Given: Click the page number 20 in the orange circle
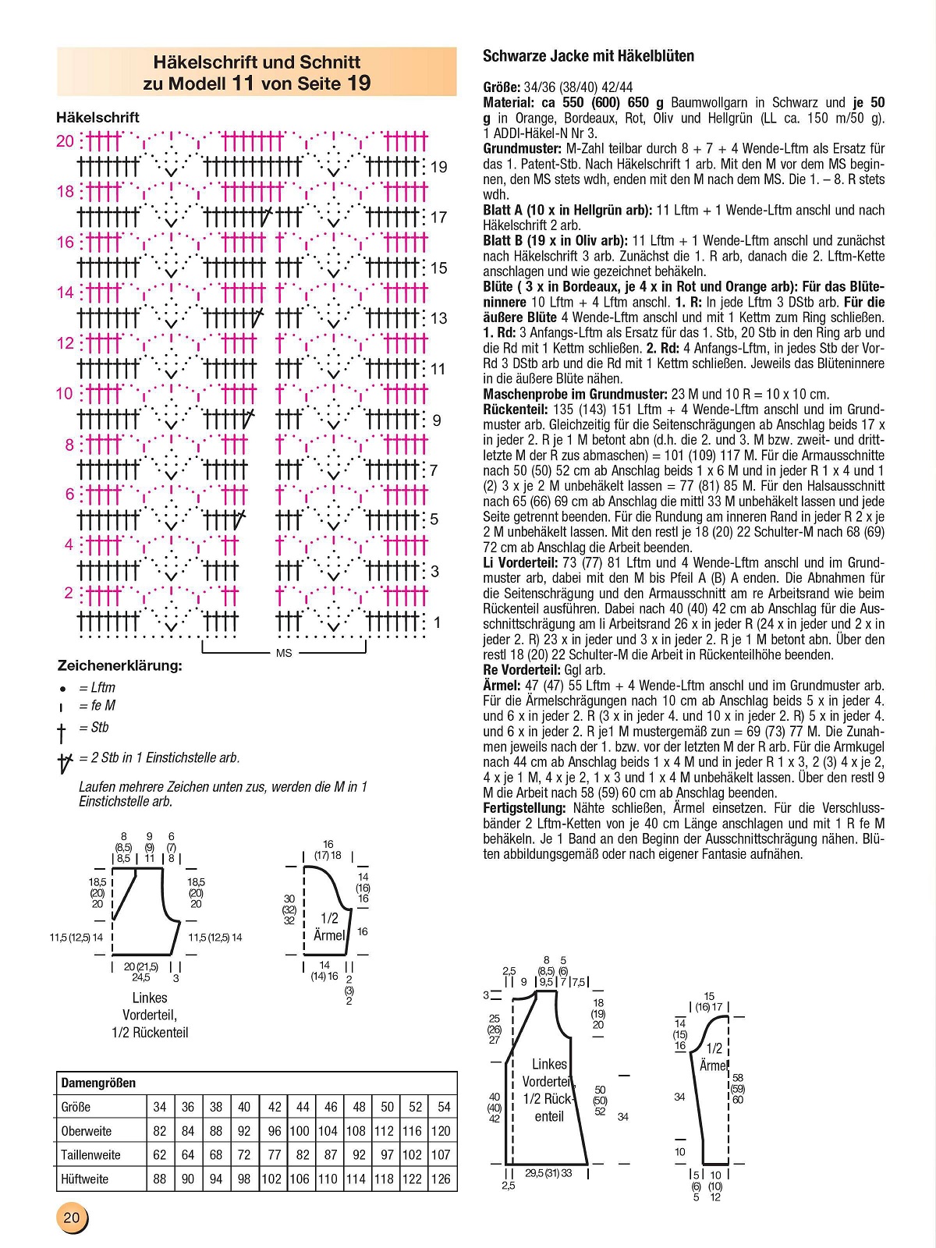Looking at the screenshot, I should tap(71, 1218).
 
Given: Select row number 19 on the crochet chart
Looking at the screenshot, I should tap(439, 167).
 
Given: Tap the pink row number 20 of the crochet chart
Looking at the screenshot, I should tap(66, 141).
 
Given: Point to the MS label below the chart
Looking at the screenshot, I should tap(284, 653).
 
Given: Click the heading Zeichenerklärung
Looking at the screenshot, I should tap(119, 665).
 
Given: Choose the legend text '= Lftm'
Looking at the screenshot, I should tap(97, 687).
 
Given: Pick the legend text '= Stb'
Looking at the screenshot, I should tap(94, 728).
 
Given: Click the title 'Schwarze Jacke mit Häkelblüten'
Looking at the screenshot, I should tap(588, 56).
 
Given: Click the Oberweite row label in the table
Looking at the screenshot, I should tap(86, 1131).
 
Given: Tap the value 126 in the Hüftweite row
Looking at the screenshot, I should tap(441, 1179).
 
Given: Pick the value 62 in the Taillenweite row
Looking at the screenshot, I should tap(160, 1154).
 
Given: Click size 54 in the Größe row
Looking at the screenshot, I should tap(444, 1107).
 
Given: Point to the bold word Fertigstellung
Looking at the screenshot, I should tap(524, 808).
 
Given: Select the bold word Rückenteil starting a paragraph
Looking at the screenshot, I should tap(516, 409).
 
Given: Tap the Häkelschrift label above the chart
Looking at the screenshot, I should tap(97, 118).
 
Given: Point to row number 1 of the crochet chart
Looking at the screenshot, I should tap(437, 622).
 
